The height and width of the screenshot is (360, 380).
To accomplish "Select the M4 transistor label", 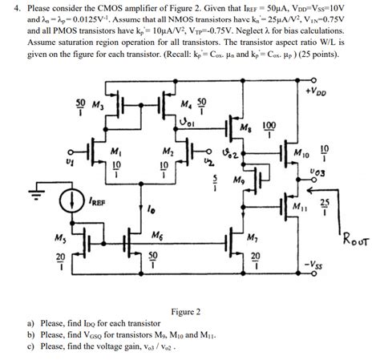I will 186,104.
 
